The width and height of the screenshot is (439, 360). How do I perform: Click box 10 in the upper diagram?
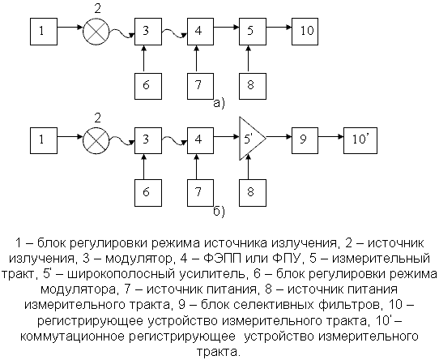(305, 32)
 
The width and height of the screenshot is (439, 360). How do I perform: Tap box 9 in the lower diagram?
(305, 140)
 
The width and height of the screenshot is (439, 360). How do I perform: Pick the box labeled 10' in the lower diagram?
(360, 140)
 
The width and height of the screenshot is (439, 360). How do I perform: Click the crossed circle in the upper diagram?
(96, 31)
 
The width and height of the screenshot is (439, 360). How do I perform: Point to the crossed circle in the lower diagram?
(96, 140)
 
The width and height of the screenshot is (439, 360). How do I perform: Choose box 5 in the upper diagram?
(253, 32)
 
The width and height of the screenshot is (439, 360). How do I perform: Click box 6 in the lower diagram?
(148, 193)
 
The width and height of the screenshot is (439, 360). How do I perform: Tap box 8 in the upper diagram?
(253, 86)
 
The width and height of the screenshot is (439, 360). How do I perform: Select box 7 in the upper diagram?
(200, 86)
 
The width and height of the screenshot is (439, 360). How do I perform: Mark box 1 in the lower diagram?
(44, 140)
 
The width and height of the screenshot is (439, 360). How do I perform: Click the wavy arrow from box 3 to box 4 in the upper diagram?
(174, 32)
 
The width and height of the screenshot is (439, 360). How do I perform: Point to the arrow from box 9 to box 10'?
(331, 136)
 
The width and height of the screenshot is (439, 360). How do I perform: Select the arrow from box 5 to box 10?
(279, 28)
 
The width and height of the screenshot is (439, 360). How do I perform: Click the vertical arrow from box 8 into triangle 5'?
(248, 167)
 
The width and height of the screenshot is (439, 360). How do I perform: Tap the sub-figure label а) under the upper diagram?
(219, 104)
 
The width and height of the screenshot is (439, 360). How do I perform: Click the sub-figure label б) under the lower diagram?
(219, 212)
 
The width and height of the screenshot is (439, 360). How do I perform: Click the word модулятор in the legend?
(138, 259)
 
